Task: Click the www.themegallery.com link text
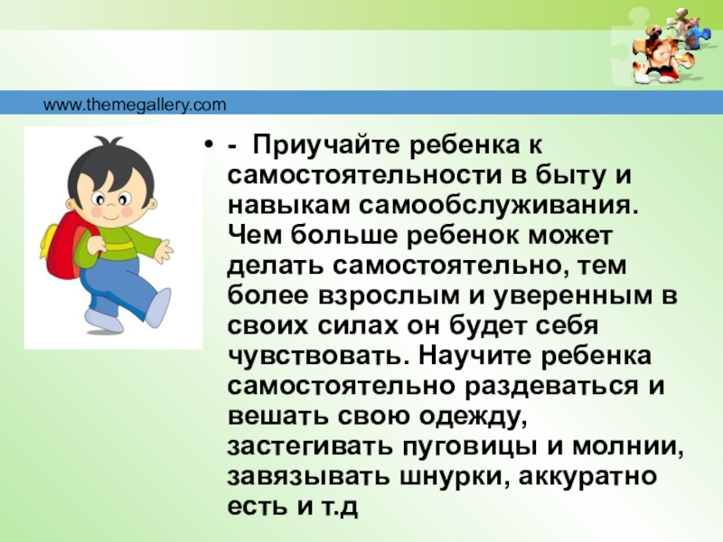pyautogui.click(x=135, y=105)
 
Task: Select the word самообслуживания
pyautogui.click(x=498, y=206)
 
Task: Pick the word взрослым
pyautogui.click(x=389, y=296)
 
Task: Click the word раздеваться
pyautogui.click(x=551, y=387)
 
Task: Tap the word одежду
pyautogui.click(x=473, y=416)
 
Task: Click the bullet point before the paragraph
pyautogui.click(x=210, y=146)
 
